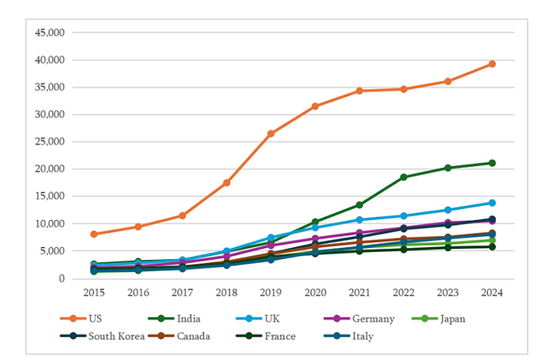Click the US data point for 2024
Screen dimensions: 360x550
tap(492, 64)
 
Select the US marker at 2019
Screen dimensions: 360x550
tap(271, 134)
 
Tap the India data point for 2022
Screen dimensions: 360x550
tap(404, 177)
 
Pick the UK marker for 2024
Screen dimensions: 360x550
tap(492, 203)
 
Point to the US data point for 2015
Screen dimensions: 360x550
tap(94, 234)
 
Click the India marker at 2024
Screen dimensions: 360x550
tap(492, 163)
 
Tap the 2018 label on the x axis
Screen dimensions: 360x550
tap(227, 292)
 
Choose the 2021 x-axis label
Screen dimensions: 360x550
tap(359, 292)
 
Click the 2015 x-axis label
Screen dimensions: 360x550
tap(94, 292)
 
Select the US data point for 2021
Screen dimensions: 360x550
tap(359, 91)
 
